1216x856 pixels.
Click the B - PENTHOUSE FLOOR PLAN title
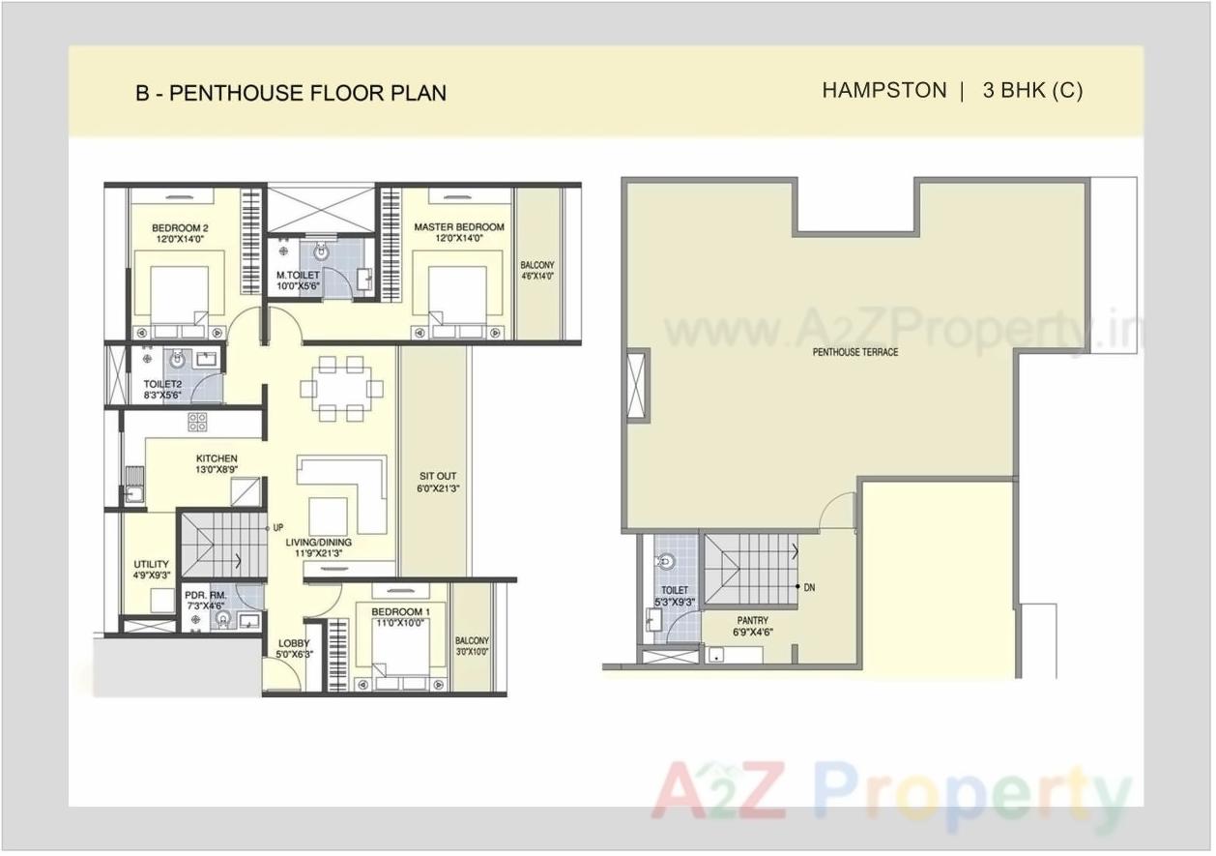[290, 94]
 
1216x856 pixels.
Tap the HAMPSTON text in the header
[883, 91]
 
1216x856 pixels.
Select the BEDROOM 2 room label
[181, 228]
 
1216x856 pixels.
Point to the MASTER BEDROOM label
[459, 228]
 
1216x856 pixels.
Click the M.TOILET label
[298, 276]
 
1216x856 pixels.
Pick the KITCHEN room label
[217, 458]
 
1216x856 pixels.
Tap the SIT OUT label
[438, 477]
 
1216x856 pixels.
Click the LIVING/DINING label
[318, 543]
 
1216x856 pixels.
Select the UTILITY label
[152, 565]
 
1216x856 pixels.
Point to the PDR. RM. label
[204, 596]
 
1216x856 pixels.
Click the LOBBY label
[294, 643]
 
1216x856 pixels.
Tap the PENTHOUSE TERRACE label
[854, 352]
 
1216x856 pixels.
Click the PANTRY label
[752, 621]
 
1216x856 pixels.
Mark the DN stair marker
[807, 587]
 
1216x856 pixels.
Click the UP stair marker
[277, 528]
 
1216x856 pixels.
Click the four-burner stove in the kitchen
[197, 421]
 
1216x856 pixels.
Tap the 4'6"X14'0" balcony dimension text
[536, 276]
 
